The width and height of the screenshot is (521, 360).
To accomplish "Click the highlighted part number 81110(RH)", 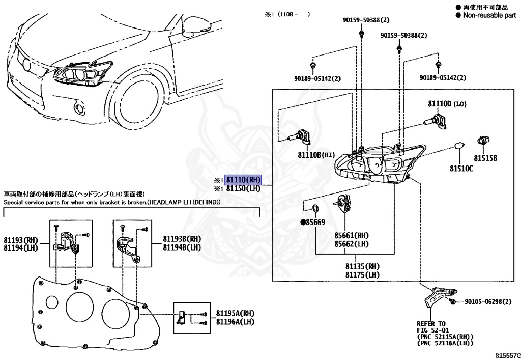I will [x=243, y=180].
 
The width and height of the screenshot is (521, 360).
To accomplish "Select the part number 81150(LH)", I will [x=243, y=188].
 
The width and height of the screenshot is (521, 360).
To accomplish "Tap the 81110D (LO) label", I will [x=446, y=104].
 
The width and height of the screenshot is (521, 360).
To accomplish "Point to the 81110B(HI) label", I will [x=315, y=154].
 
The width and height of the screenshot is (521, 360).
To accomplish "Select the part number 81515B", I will [x=485, y=158].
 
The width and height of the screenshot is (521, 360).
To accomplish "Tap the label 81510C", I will [x=461, y=168].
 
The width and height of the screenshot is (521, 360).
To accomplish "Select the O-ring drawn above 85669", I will [x=315, y=208].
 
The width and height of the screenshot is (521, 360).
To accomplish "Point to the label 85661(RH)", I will [x=352, y=235].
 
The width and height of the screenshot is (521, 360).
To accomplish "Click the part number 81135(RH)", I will [x=362, y=266].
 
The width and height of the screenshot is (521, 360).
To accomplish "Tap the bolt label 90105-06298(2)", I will [x=487, y=302].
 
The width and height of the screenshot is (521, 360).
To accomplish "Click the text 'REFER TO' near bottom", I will [x=431, y=323].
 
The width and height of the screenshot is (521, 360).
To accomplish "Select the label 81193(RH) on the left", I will [x=21, y=239].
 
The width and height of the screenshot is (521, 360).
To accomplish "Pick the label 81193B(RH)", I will [x=182, y=239].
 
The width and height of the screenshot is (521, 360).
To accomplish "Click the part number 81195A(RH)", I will [x=235, y=313].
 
